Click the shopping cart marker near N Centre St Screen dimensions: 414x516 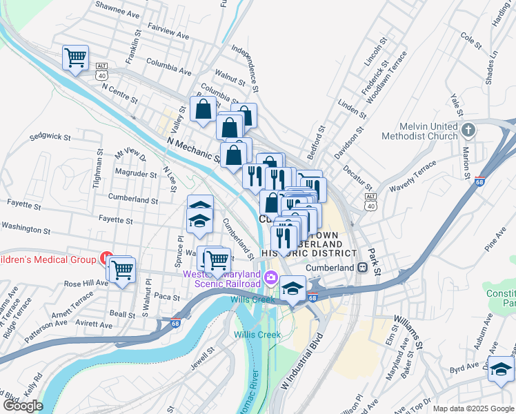point(75,57)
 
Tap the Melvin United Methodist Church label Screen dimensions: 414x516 point(428,131)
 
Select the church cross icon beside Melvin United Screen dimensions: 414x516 point(468,130)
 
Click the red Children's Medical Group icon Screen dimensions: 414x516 point(106,259)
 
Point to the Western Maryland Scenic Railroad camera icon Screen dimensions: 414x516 point(270,279)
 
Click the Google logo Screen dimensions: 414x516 point(23,406)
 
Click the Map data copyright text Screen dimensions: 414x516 point(473,408)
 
